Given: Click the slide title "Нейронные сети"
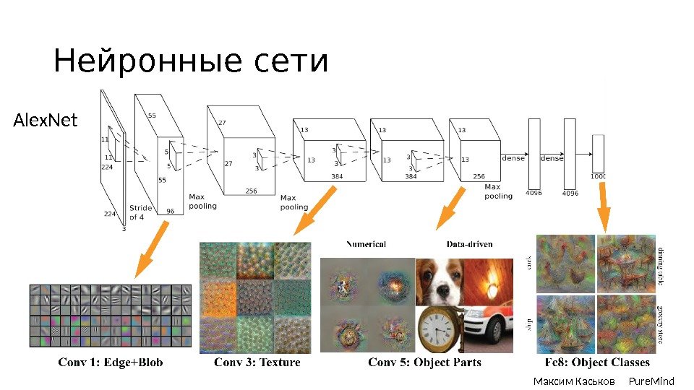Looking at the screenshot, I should [191, 62].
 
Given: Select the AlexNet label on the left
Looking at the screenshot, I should [45, 120].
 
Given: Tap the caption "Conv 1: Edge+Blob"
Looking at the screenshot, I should [111, 363].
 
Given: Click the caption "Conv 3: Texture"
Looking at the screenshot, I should [257, 363].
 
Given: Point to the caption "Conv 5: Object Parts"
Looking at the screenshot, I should [424, 363].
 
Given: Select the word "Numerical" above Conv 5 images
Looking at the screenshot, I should [366, 244].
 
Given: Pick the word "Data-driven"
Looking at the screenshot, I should [469, 244].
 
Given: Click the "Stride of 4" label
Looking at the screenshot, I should [141, 212].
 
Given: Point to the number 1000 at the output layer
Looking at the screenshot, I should [598, 176].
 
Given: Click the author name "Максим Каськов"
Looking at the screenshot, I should [574, 381].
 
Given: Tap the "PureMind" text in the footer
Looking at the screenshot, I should [651, 381].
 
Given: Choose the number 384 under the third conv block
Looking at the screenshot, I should [338, 176].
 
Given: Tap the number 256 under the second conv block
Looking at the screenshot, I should [251, 191].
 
